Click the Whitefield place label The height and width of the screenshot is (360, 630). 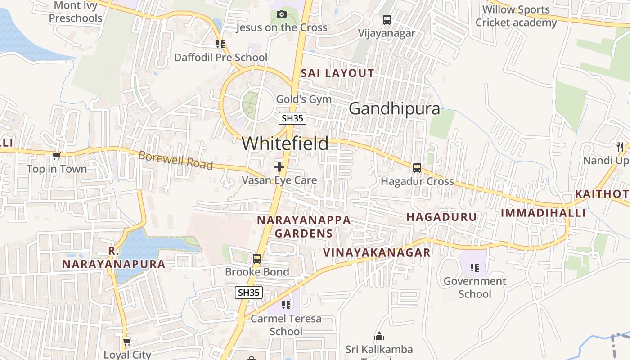[285, 144]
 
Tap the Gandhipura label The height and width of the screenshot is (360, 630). [394, 108]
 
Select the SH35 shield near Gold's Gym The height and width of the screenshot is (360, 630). [292, 118]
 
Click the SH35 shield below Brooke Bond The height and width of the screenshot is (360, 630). [249, 292]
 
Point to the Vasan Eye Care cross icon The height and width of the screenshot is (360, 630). [279, 167]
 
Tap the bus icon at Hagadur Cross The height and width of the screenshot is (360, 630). [417, 168]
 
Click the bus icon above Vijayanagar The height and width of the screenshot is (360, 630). [387, 20]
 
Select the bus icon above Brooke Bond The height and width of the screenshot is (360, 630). [257, 259]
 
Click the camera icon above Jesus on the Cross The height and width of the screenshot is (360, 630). [282, 14]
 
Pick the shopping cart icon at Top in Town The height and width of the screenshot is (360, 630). [56, 156]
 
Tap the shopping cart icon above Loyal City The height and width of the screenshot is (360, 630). [127, 342]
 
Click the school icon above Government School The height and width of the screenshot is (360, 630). [474, 268]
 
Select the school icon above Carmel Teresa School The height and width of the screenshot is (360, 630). [286, 306]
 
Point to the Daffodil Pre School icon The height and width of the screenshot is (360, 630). [220, 44]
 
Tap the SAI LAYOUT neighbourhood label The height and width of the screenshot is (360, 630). [337, 73]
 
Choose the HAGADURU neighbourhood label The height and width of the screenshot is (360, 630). [441, 217]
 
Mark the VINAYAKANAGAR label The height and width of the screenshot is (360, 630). [377, 252]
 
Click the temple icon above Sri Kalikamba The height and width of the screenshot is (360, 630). [379, 337]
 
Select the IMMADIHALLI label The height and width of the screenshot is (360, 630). [543, 213]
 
